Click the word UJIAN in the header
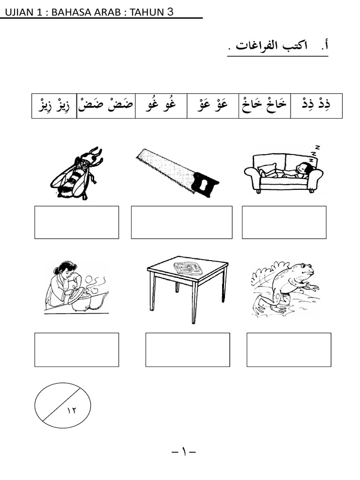[19, 12]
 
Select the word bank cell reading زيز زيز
[54, 105]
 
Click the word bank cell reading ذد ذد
[316, 105]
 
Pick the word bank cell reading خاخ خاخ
[264, 105]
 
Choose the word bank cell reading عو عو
[213, 105]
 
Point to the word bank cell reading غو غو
[161, 105]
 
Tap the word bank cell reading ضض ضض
[106, 105]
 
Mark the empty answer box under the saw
[181, 222]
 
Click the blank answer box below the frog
[289, 350]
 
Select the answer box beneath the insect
[76, 222]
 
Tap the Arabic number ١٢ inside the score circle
[72, 410]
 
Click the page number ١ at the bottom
[184, 451]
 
